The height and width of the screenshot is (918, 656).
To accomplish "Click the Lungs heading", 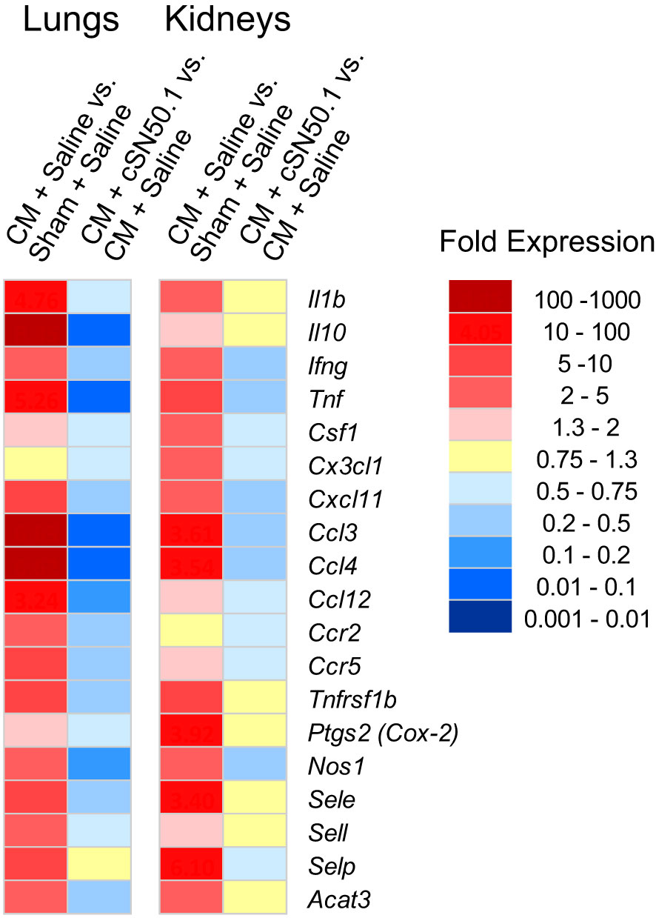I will [x=71, y=20].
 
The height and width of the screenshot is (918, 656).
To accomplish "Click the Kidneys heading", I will [x=227, y=20].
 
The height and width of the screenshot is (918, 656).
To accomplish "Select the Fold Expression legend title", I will [x=547, y=242].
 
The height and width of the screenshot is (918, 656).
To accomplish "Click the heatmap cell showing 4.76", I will [x=36, y=297].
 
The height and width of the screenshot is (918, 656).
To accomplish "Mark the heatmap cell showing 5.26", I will [x=36, y=397].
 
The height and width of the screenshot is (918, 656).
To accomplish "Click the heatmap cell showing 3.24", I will [x=36, y=597].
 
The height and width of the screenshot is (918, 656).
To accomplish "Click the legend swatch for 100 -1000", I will [x=480, y=296].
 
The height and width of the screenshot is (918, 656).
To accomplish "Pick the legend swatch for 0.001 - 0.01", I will [x=480, y=616].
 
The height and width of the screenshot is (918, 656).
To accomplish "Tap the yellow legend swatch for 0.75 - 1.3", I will [x=480, y=456].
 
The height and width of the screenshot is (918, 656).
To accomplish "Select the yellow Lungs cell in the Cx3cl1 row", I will [x=36, y=464].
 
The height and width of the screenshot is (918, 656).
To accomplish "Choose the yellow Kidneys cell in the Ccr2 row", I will [x=191, y=631].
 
